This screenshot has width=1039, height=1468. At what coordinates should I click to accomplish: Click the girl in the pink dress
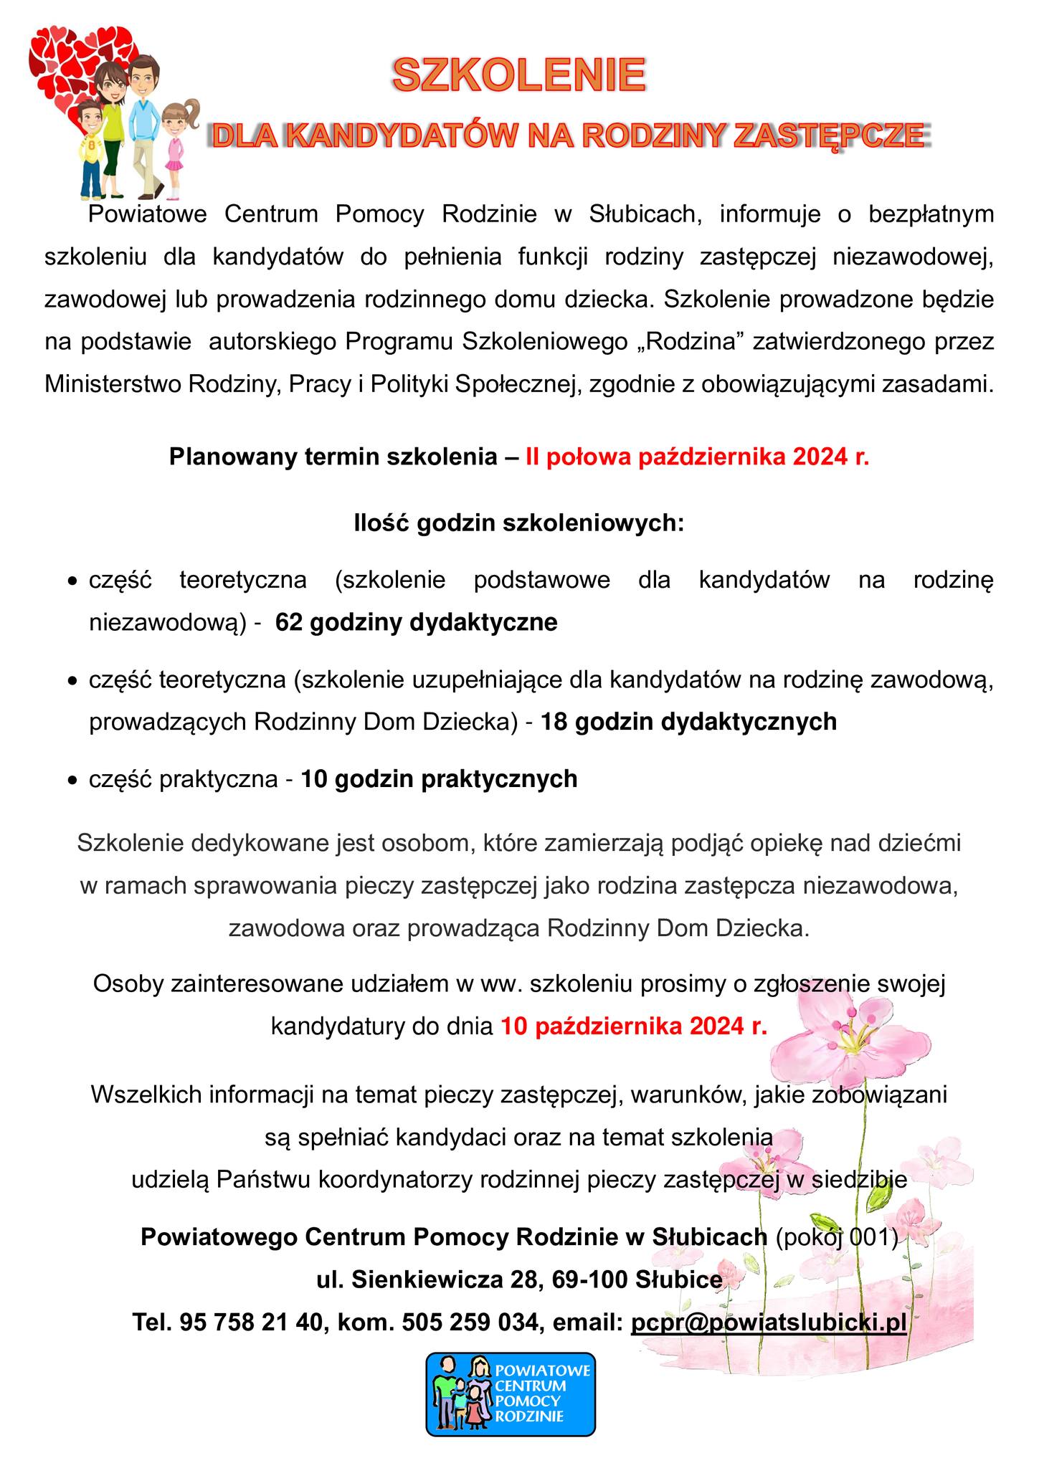coord(174,143)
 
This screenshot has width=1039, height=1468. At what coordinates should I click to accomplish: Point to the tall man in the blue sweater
coord(146,122)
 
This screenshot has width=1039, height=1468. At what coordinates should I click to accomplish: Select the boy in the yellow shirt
coord(91,147)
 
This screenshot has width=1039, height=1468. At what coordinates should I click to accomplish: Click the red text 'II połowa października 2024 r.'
coord(697,457)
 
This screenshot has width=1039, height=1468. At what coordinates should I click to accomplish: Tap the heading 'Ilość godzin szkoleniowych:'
coord(519,523)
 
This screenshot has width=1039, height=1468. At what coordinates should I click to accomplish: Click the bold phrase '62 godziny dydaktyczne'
coord(416,622)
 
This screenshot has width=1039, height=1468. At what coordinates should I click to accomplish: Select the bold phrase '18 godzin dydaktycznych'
coord(688,721)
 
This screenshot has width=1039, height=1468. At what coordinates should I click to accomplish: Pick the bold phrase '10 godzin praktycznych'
coord(439,778)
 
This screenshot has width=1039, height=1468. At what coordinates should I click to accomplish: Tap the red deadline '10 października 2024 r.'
coord(634,1026)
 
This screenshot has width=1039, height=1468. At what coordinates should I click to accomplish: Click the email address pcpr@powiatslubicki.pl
coord(769,1322)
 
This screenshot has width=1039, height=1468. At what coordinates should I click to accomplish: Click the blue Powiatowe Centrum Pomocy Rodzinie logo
coord(511,1393)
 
